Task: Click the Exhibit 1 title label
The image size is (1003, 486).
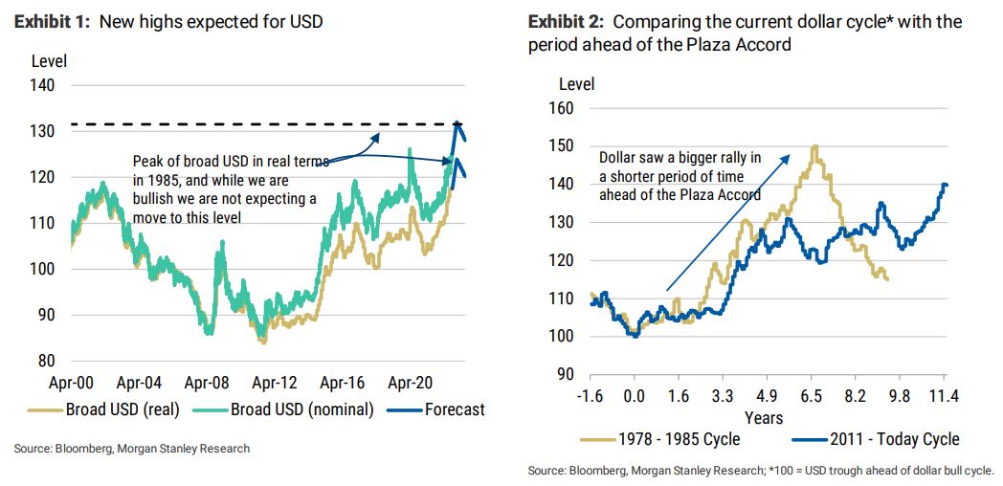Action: pyautogui.click(x=167, y=21)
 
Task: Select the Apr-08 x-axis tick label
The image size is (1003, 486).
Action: pyautogui.click(x=207, y=383)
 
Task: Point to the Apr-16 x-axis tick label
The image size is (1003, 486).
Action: pyautogui.click(x=342, y=383)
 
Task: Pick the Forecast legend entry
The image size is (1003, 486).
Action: pyautogui.click(x=453, y=410)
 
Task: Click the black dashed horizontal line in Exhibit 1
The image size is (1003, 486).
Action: pyautogui.click(x=239, y=125)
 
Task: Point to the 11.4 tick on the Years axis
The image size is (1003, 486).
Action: pyautogui.click(x=946, y=396)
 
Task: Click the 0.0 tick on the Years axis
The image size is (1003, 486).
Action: pyautogui.click(x=634, y=396)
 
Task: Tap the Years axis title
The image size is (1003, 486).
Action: pyautogui.click(x=764, y=417)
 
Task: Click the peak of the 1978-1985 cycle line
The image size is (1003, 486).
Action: pyautogui.click(x=814, y=146)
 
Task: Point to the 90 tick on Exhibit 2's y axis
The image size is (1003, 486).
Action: pyautogui.click(x=565, y=374)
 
